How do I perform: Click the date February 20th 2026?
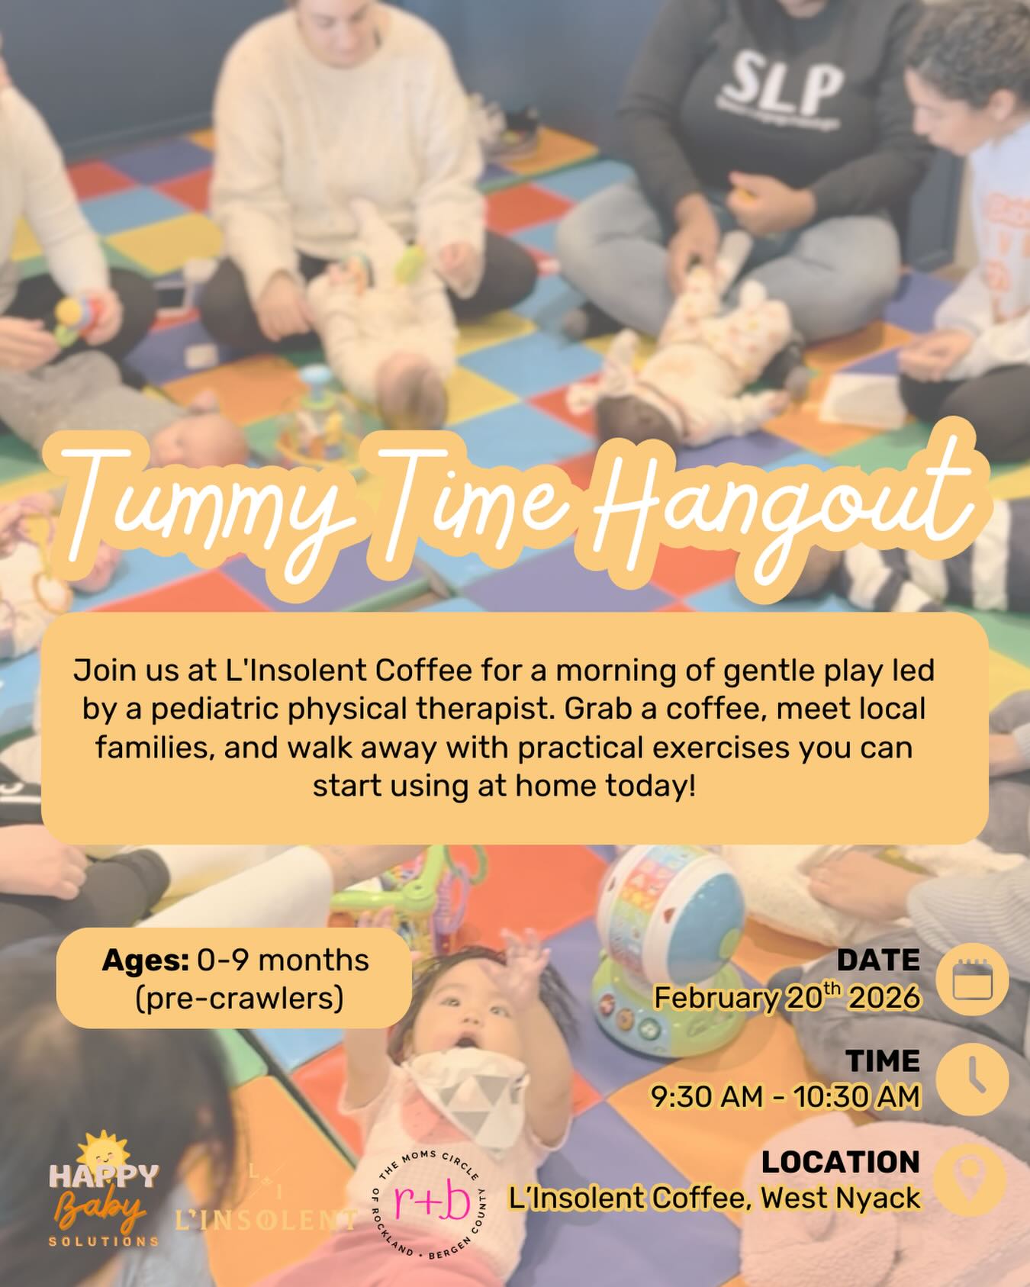coord(786,997)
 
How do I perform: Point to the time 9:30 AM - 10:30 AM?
coord(785,1096)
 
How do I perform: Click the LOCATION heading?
coord(840,1162)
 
